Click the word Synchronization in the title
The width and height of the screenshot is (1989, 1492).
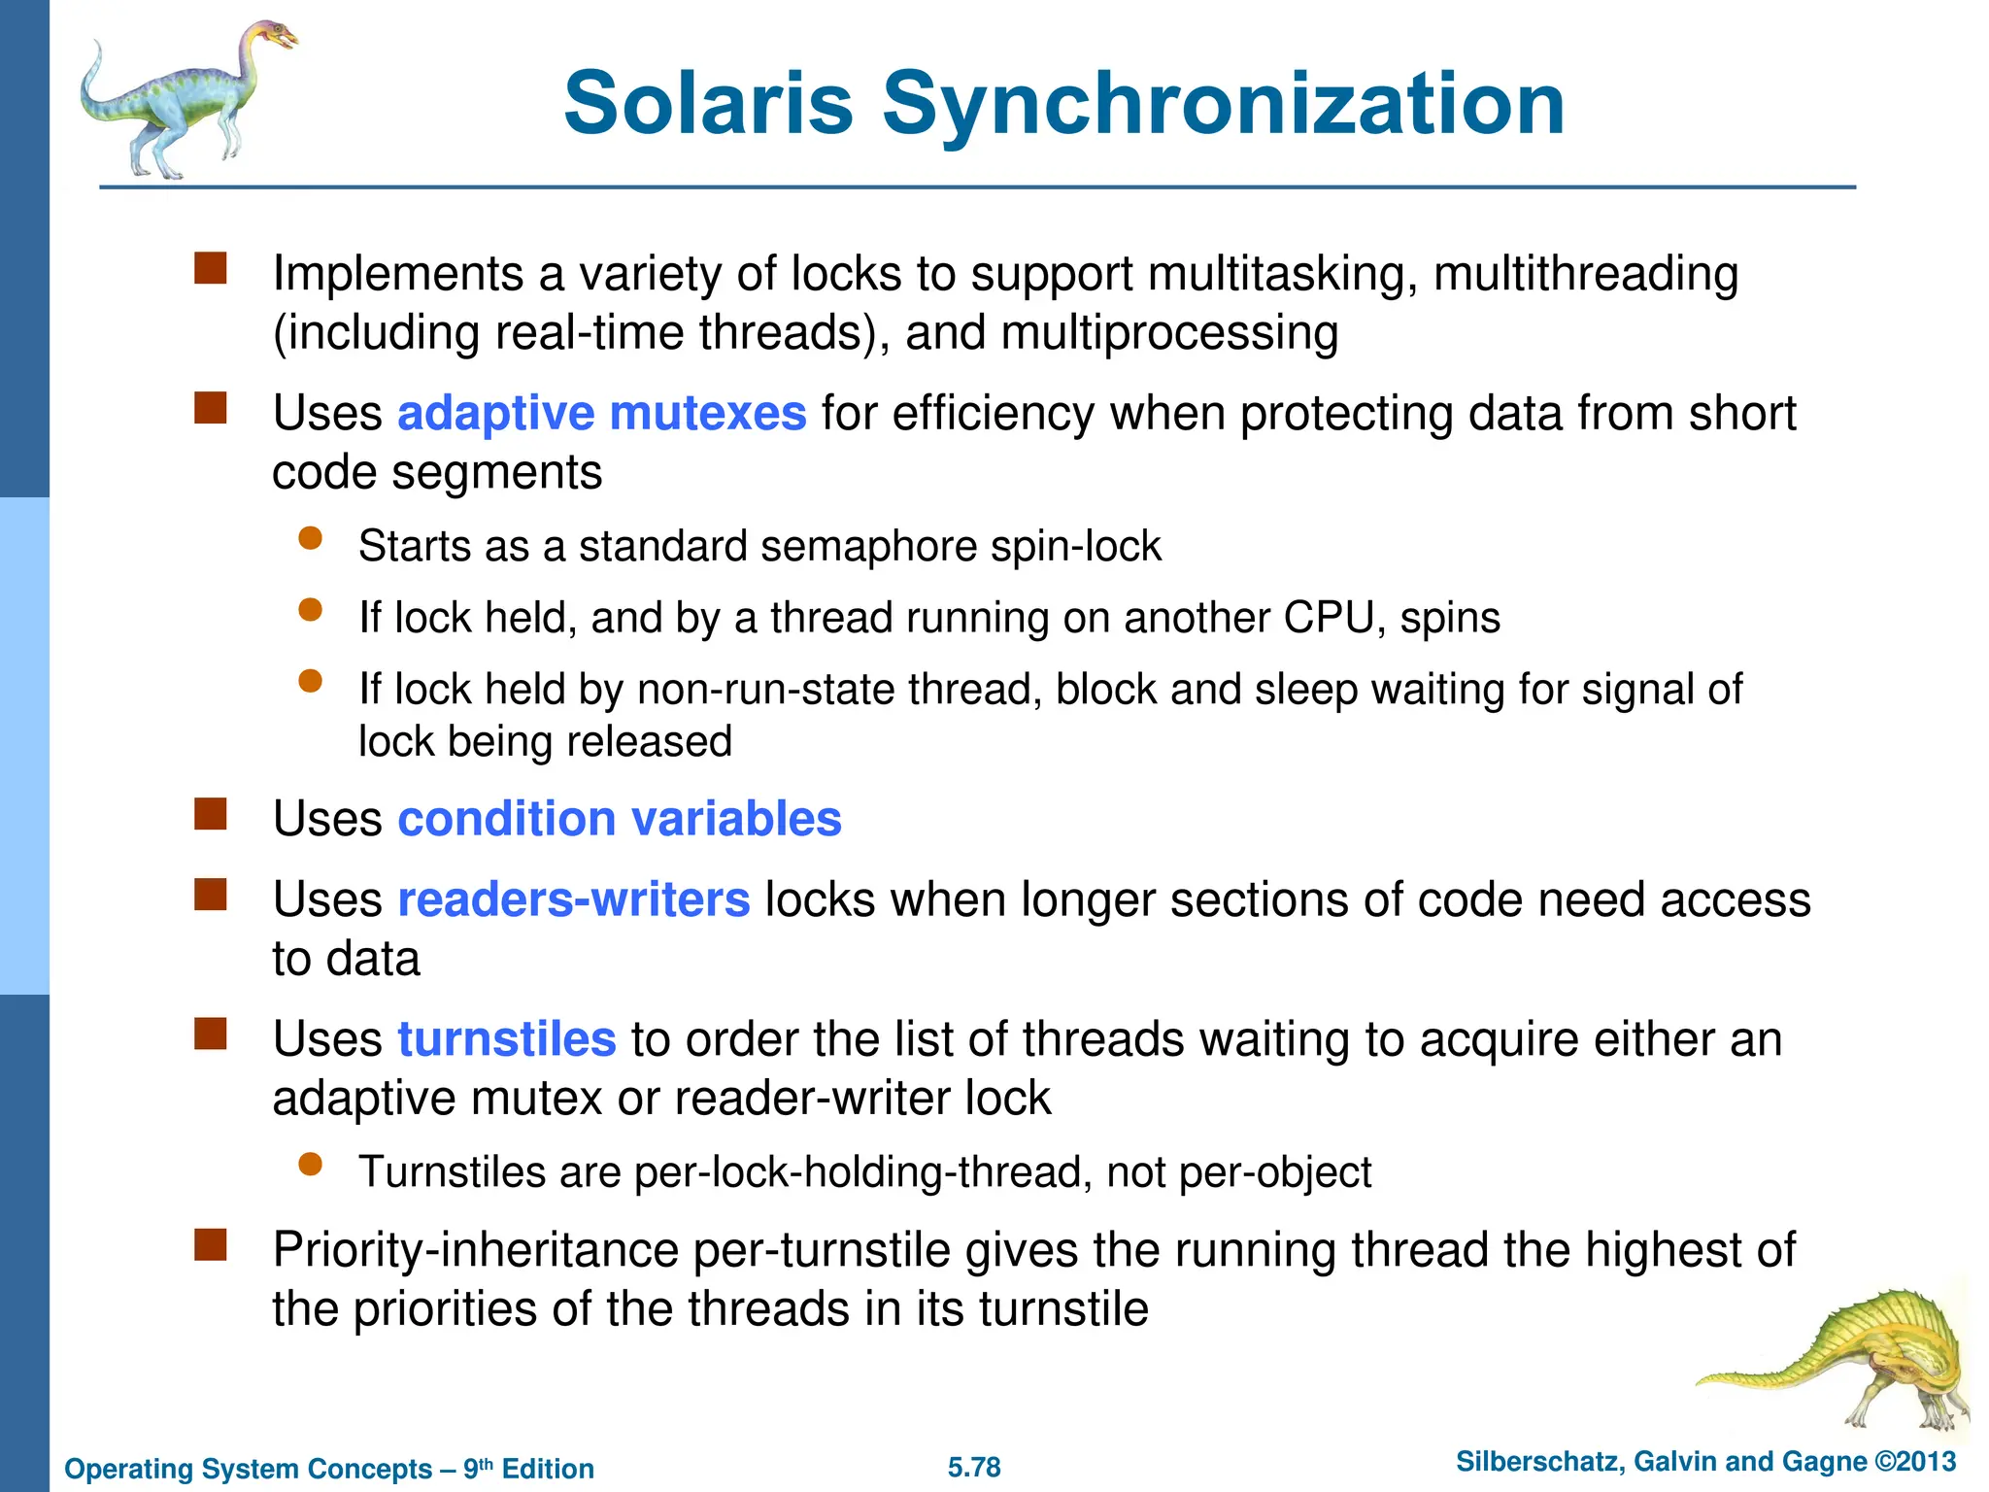[x=1223, y=105]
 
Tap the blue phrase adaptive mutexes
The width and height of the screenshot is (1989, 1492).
[x=601, y=413]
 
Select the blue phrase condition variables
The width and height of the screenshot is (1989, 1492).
[x=619, y=819]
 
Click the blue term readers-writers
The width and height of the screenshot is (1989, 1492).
[x=573, y=899]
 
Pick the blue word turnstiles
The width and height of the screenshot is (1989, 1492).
[x=506, y=1039]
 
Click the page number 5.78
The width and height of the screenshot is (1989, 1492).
[x=973, y=1467]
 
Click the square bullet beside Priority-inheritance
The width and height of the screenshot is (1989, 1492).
[x=210, y=1245]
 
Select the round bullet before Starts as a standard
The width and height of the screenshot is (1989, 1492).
[x=310, y=539]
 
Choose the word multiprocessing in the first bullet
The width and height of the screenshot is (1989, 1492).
[x=1169, y=333]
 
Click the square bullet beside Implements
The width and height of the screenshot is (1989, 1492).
[x=210, y=269]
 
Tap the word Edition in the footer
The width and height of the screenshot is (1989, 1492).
[x=548, y=1469]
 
